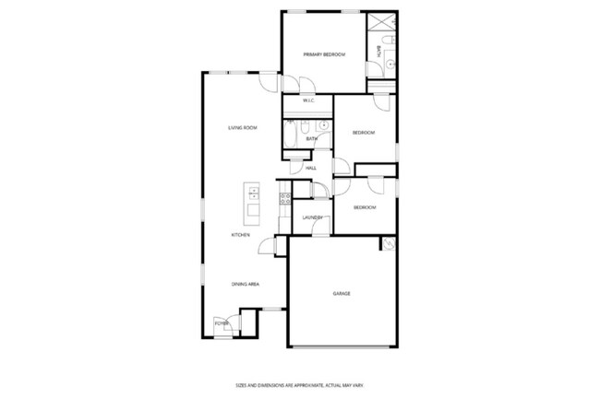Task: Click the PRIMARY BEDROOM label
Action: (x=324, y=55)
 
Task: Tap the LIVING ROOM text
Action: (x=243, y=127)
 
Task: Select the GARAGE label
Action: (x=342, y=293)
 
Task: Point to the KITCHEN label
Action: (x=241, y=235)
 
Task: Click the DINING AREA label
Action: (x=245, y=284)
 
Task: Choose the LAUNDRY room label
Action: (x=311, y=217)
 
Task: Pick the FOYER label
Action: (x=222, y=323)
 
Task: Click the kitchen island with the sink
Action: (x=251, y=203)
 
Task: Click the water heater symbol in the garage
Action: (x=388, y=244)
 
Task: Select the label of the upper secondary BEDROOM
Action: (x=364, y=134)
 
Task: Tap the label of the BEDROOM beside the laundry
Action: (x=365, y=207)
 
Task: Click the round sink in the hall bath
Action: (x=323, y=125)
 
